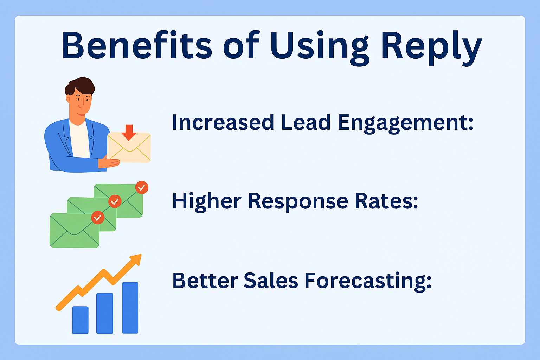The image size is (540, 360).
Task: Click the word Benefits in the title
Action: coord(137,45)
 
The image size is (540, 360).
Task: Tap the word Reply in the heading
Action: coord(431,48)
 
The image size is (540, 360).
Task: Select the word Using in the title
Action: coord(320,48)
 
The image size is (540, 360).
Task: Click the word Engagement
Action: coord(405,123)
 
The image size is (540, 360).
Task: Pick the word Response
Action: coord(298,202)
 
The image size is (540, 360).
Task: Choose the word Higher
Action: coord(207,202)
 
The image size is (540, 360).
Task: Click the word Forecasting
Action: coord(368,281)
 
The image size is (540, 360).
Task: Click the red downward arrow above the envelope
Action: coord(129,133)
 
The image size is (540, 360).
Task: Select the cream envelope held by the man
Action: coord(129,147)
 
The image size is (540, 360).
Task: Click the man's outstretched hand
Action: coord(109,163)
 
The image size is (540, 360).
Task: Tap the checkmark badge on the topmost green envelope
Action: coord(142,188)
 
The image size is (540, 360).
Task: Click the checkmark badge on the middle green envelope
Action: coord(115,201)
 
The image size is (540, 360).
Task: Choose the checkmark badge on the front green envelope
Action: coord(98,218)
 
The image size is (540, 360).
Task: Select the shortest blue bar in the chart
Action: coord(80,320)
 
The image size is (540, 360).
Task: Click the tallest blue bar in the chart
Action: coord(130,308)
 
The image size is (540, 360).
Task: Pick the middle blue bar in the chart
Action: coord(105,313)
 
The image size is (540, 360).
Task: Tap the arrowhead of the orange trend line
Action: coord(136,259)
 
